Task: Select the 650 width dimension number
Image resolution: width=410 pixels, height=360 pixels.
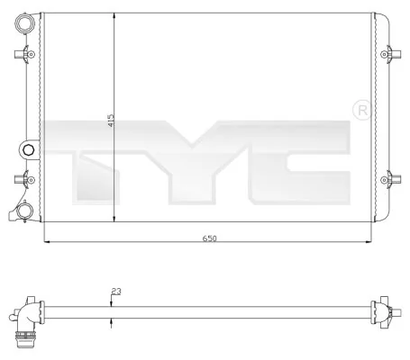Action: click(x=210, y=238)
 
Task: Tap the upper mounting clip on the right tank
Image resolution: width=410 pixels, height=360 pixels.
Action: click(x=390, y=55)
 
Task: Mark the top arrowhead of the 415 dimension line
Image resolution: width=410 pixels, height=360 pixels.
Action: click(x=114, y=17)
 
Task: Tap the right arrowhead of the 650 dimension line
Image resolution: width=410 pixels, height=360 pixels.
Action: click(x=369, y=242)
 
